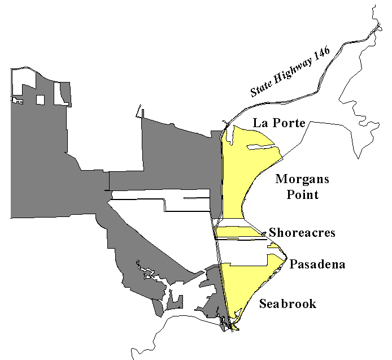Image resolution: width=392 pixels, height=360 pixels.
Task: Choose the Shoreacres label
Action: pos(302,233)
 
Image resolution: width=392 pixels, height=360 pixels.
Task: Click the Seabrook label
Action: pos(288,305)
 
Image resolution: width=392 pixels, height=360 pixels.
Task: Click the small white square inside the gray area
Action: pos(40,100)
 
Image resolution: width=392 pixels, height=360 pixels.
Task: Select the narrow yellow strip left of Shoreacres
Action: pos(240,232)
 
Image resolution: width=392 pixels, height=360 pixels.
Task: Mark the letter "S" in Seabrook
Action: pos(263,305)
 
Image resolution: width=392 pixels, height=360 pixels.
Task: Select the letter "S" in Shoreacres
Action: pos(273,233)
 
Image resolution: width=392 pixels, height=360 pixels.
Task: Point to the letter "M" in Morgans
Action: pos(281,180)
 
